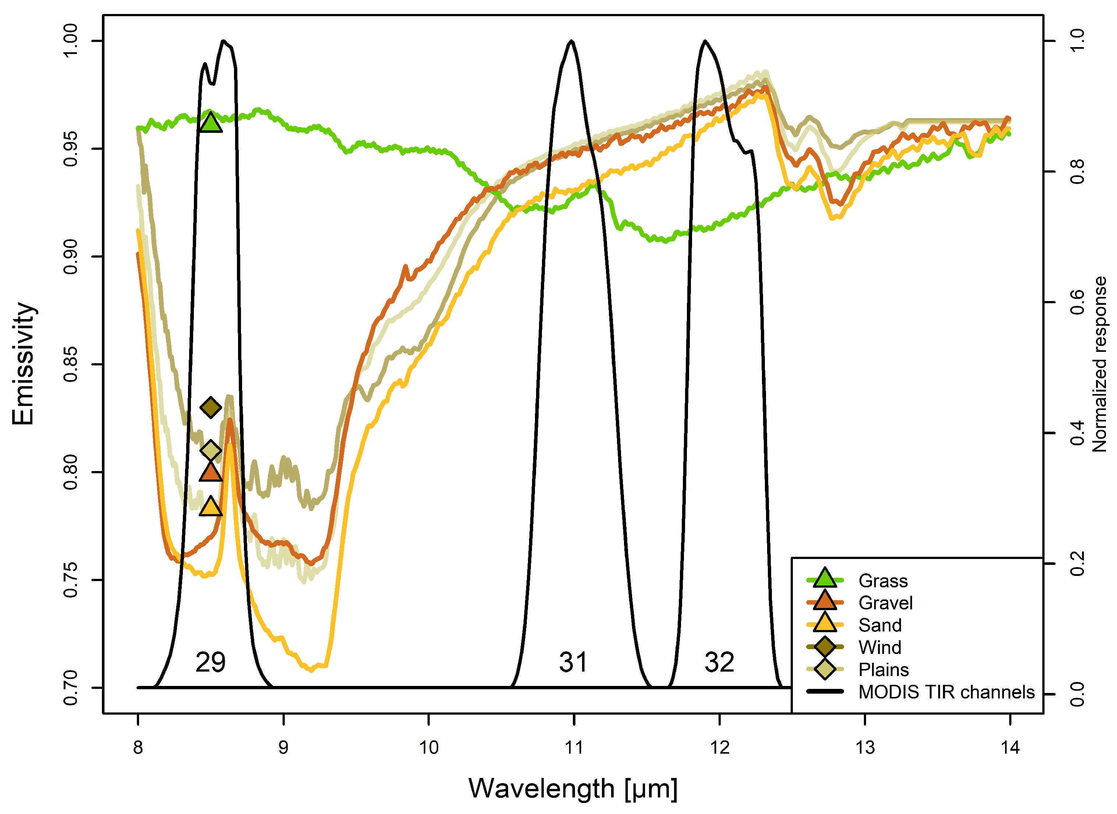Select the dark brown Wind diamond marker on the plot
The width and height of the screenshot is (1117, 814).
pyautogui.click(x=211, y=407)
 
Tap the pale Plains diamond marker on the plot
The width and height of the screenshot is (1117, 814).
pyautogui.click(x=211, y=450)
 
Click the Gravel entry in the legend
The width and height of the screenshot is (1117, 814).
pyautogui.click(x=885, y=603)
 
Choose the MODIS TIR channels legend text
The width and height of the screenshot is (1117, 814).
pyautogui.click(x=946, y=692)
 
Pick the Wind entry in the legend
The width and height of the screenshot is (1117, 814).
pyautogui.click(x=880, y=647)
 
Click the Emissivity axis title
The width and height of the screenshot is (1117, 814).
pyautogui.click(x=23, y=364)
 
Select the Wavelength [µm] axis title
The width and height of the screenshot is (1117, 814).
pyautogui.click(x=573, y=788)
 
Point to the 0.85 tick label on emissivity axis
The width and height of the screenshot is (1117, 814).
pyautogui.click(x=71, y=365)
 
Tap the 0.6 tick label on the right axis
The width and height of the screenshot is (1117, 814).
pyautogui.click(x=1078, y=302)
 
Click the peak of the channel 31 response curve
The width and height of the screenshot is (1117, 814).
pyautogui.click(x=571, y=41)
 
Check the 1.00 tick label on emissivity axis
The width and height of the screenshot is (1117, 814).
pyautogui.click(x=71, y=41)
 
